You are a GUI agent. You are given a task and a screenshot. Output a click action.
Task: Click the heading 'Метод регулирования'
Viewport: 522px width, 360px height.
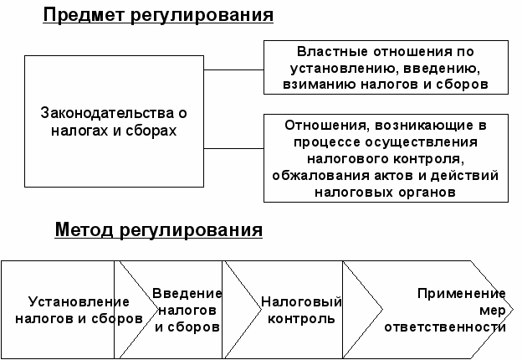click(x=159, y=229)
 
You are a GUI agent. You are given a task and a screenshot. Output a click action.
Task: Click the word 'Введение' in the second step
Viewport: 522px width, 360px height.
click(x=187, y=294)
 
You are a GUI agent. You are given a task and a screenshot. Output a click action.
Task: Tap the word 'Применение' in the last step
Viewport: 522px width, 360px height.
click(x=463, y=294)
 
